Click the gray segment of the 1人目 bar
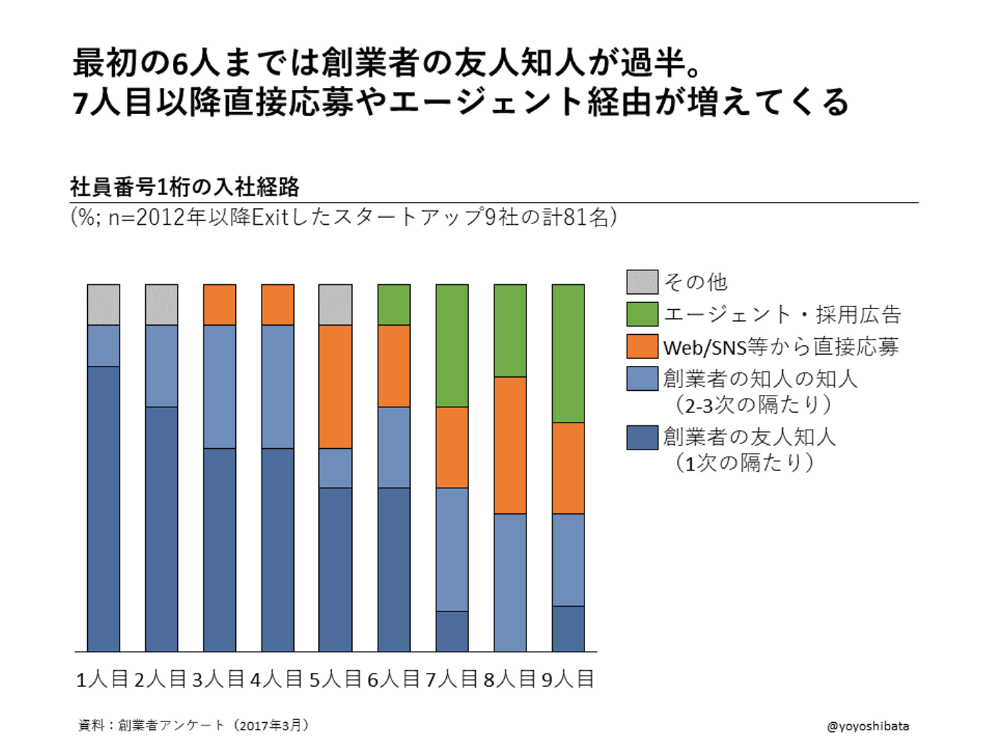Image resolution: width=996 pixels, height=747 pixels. [103, 304]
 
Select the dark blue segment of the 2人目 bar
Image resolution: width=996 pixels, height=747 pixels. [161, 529]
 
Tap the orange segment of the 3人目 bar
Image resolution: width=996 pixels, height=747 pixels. [219, 304]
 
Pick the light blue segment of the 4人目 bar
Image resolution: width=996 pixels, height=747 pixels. [277, 387]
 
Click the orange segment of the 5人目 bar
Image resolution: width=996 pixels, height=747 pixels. [335, 387]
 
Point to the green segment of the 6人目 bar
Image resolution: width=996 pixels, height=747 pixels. [394, 304]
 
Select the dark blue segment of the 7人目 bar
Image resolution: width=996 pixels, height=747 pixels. [452, 631]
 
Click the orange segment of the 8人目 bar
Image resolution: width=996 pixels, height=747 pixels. [510, 445]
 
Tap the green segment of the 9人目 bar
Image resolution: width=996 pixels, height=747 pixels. [568, 353]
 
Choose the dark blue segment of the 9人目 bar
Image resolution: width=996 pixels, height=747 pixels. [568, 629]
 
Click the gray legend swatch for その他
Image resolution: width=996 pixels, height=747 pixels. [642, 282]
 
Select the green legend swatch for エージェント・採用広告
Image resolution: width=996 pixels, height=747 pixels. [642, 314]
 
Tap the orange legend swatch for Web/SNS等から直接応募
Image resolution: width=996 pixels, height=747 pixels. [642, 347]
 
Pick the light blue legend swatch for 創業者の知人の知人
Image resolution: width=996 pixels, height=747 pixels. [642, 379]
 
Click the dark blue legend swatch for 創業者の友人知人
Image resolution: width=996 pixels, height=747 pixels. [642, 437]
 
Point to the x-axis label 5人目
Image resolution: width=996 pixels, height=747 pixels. [335, 680]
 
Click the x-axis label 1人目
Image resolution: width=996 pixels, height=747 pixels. [102, 680]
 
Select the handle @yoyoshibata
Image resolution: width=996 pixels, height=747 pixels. [867, 726]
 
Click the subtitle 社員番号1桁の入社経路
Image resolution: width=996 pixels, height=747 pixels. [185, 187]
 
